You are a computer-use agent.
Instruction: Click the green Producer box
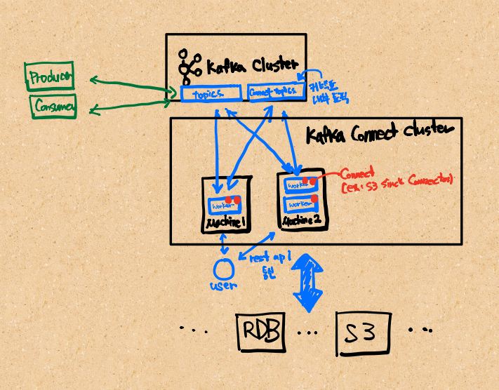coord(49,77)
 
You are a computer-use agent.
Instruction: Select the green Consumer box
coord(53,107)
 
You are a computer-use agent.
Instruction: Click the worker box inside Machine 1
coord(223,206)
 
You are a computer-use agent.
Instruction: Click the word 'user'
coord(224,285)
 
